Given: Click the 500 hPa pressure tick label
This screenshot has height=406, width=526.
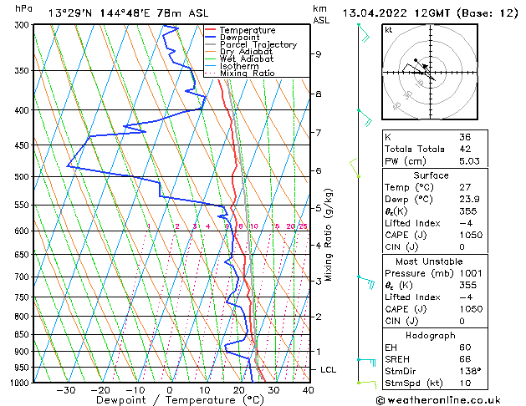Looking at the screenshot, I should tap(19, 177).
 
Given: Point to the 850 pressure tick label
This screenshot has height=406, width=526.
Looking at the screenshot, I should tap(19, 334).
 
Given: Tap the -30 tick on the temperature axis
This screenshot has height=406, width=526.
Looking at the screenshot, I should tap(65, 390).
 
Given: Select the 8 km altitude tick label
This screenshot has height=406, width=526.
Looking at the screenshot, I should tap(318, 94).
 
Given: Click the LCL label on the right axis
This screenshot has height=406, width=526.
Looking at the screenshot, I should tap(329, 369).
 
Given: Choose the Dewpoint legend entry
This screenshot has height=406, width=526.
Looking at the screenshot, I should tap(238, 38).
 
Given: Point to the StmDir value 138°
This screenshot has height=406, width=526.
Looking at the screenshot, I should tap(470, 371).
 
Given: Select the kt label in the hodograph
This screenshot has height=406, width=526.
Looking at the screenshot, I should tap(389, 29).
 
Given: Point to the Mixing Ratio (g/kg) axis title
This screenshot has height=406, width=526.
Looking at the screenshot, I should tap(328, 233).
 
